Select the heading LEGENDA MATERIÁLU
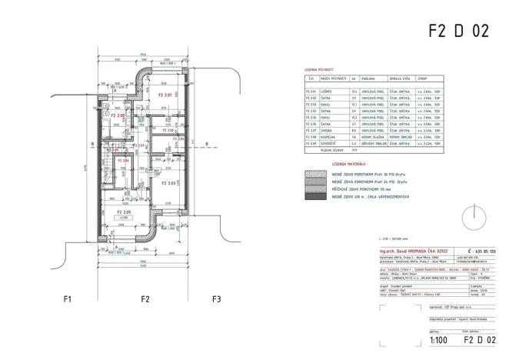pyautogui.click(x=348, y=165)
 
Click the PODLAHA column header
pyautogui.click(x=365, y=78)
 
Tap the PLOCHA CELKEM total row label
pyautogui.click(x=331, y=150)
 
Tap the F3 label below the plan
pyautogui.click(x=216, y=298)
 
